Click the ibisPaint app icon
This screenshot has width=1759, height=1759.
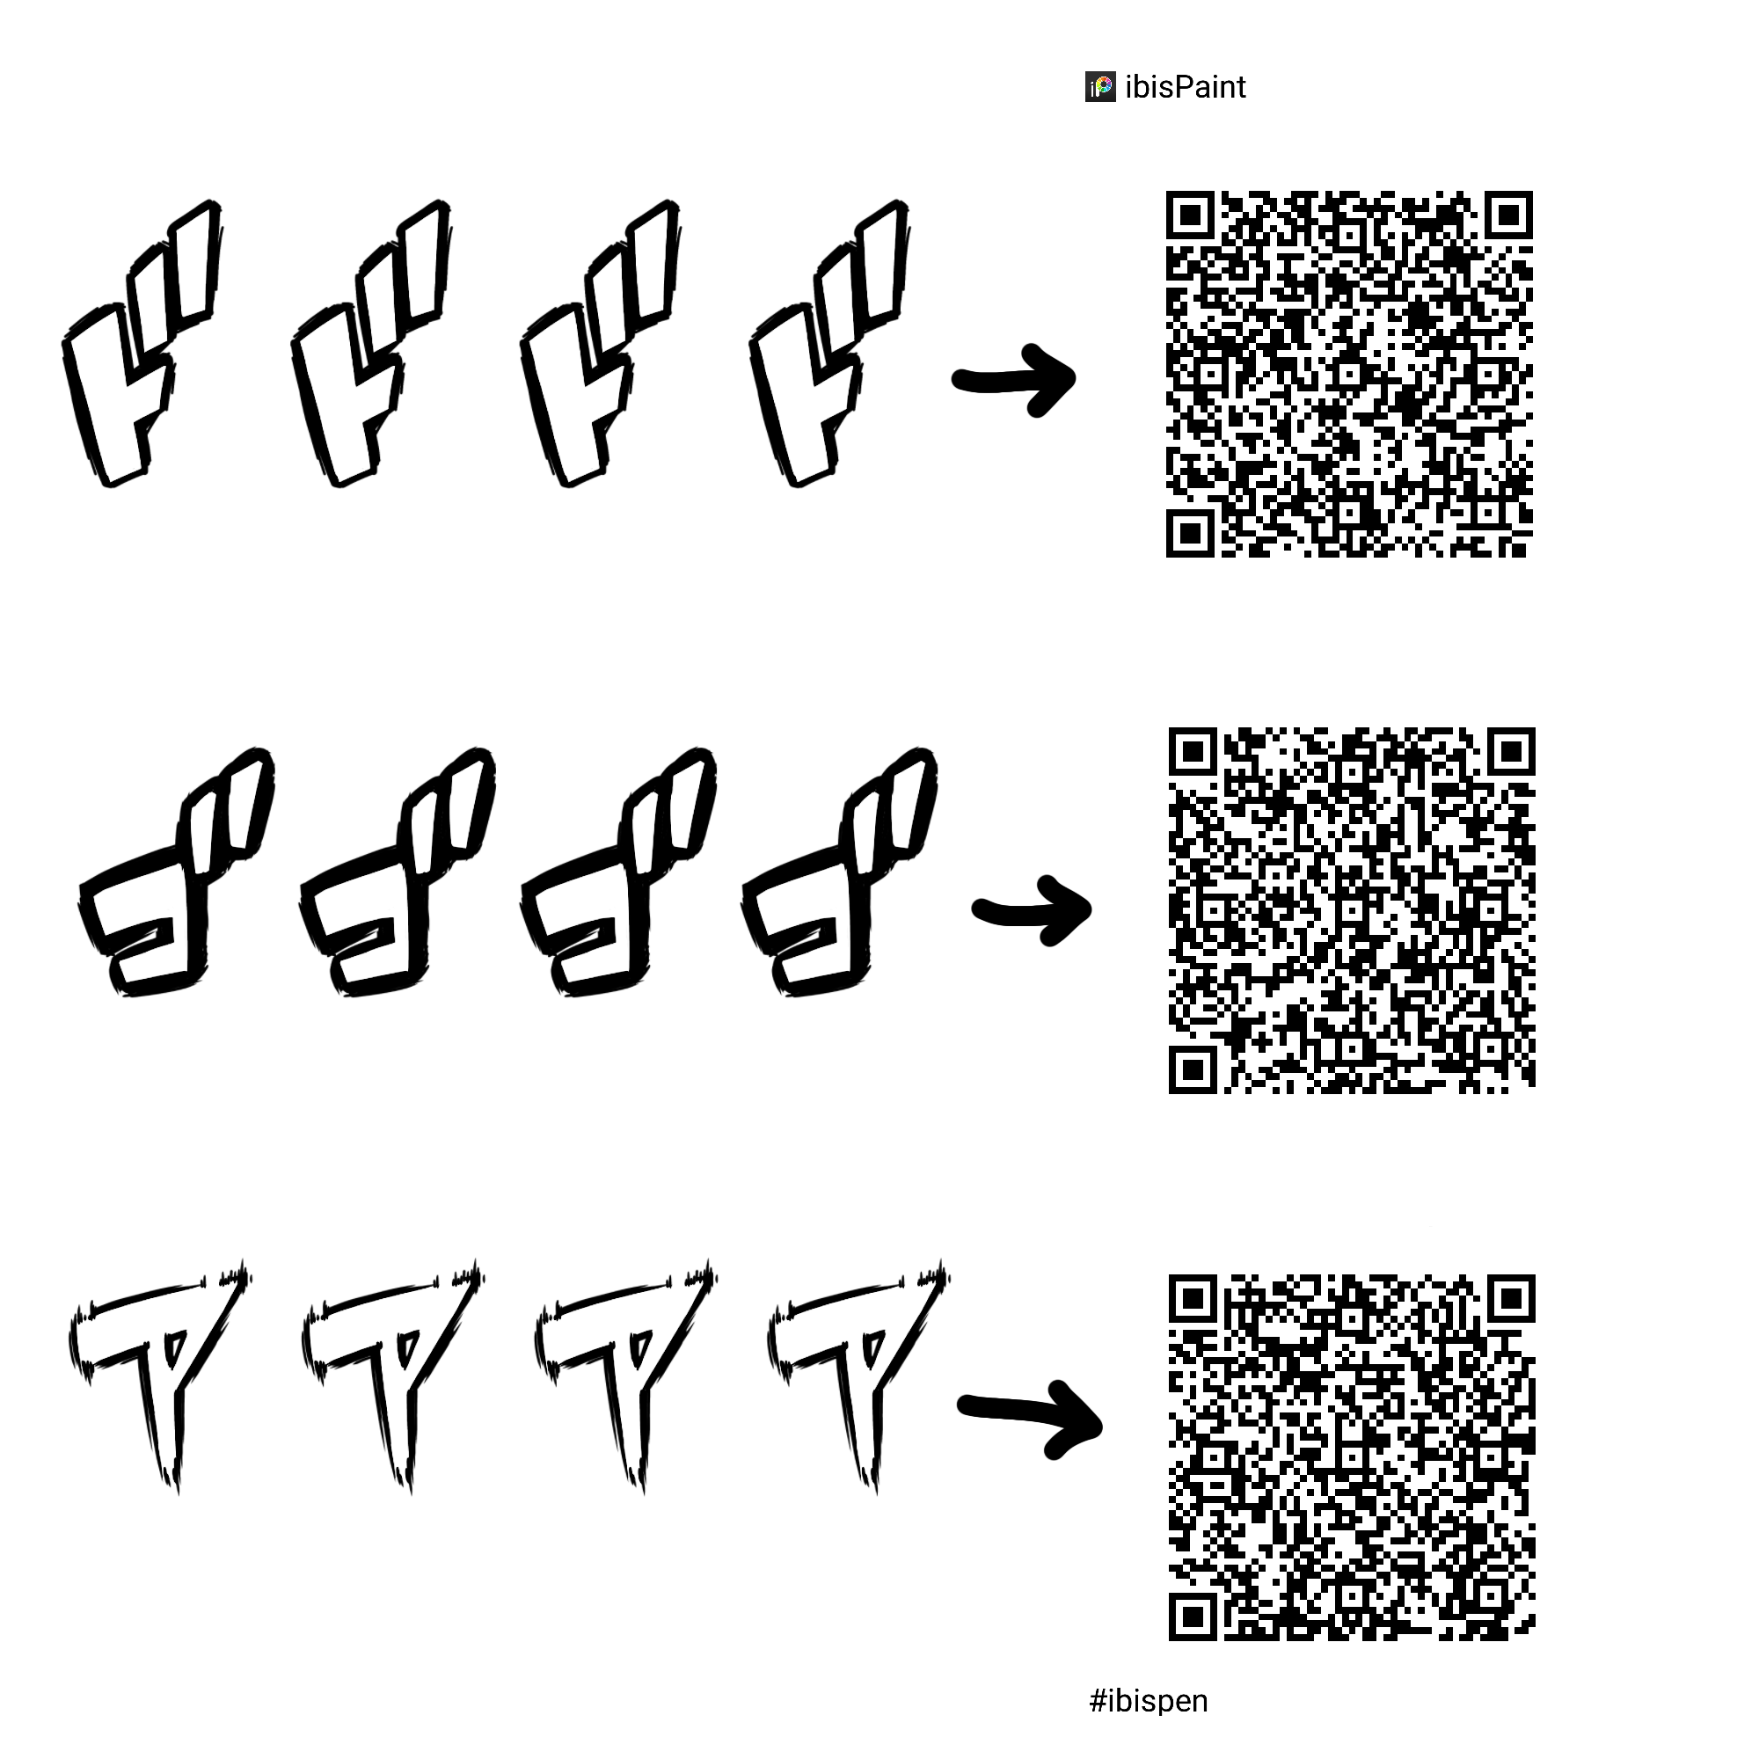1100,87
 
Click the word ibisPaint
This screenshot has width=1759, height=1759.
1186,87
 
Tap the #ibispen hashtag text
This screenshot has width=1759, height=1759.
1148,1701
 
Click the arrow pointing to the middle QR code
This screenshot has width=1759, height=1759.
1033,909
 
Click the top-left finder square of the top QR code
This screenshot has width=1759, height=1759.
1190,215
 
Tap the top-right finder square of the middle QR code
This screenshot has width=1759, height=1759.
1511,752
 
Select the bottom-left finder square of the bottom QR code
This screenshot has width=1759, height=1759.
1193,1618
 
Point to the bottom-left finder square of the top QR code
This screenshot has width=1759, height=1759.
1190,534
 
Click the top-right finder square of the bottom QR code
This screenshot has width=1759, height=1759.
1511,1298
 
